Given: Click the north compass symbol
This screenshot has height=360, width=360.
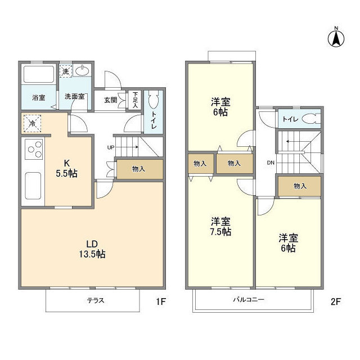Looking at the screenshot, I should pos(336,38).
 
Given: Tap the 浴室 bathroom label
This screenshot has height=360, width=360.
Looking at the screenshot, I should pos(38,97).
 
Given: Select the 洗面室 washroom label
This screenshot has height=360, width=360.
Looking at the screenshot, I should pos(74,97).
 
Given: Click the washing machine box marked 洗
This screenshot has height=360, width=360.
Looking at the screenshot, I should pos(66,71).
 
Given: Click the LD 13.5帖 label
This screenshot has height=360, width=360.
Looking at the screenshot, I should pos(93,249).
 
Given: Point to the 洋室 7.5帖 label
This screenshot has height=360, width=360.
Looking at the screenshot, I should pos(220,226).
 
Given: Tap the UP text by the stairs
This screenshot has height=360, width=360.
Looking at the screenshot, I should pos(111,148).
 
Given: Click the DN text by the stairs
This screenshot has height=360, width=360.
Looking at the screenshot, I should pos(271,163).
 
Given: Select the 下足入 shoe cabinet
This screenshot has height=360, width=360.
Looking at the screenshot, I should pos(135,100).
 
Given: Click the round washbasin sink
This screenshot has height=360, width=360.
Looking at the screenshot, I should pos(83,71).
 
